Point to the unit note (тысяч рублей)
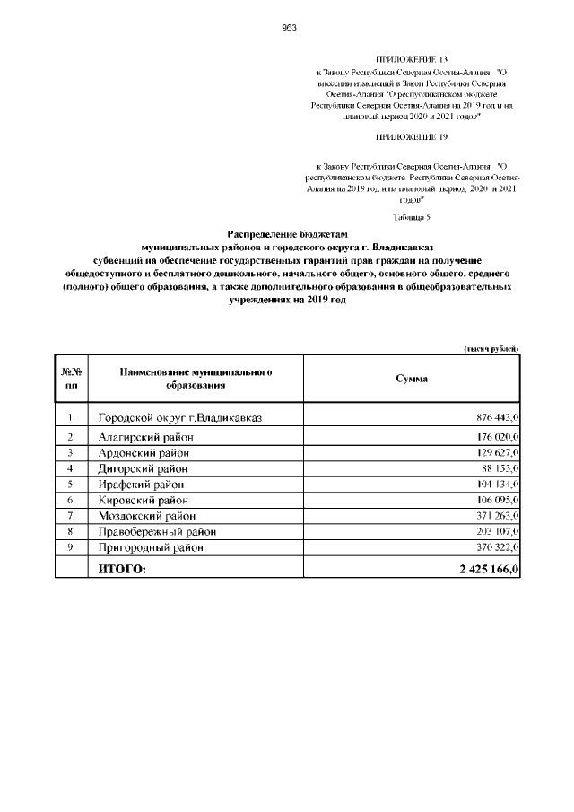point(491,349)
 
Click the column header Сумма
point(412,379)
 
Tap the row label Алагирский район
point(146,437)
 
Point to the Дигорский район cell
point(143,468)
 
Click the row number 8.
point(71,531)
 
